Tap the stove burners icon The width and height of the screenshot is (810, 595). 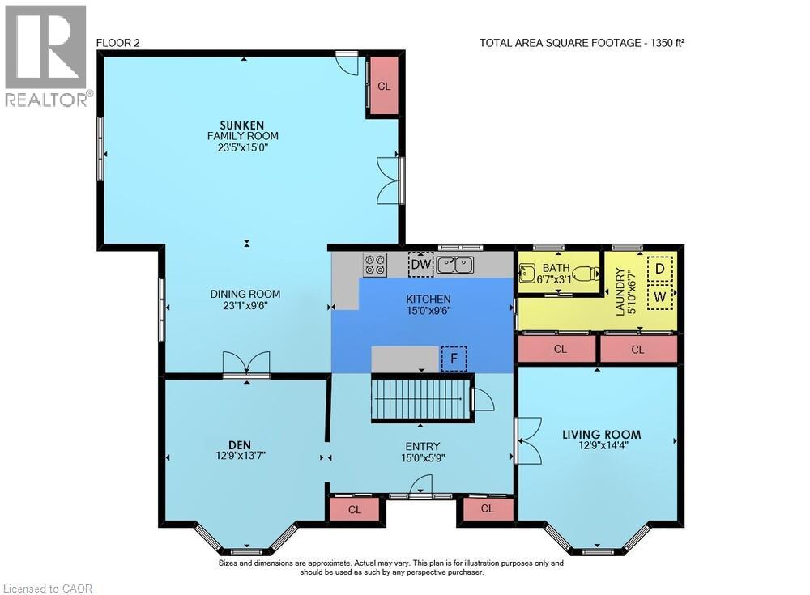tap(375, 264)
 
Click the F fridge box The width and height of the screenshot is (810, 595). tap(454, 358)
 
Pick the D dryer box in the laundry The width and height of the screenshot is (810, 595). tap(659, 268)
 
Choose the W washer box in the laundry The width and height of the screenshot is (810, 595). tap(659, 296)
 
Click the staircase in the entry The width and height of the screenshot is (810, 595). tap(421, 399)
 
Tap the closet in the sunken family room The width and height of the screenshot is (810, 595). tap(382, 85)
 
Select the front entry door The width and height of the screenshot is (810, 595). tap(420, 488)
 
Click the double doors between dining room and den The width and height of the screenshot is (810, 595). tap(247, 365)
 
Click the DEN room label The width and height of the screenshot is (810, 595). tap(240, 444)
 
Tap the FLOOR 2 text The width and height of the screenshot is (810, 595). tap(117, 44)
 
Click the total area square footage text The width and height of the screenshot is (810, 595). tap(582, 44)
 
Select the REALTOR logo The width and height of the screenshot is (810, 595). tap(45, 57)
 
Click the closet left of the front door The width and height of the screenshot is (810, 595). tap(355, 509)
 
